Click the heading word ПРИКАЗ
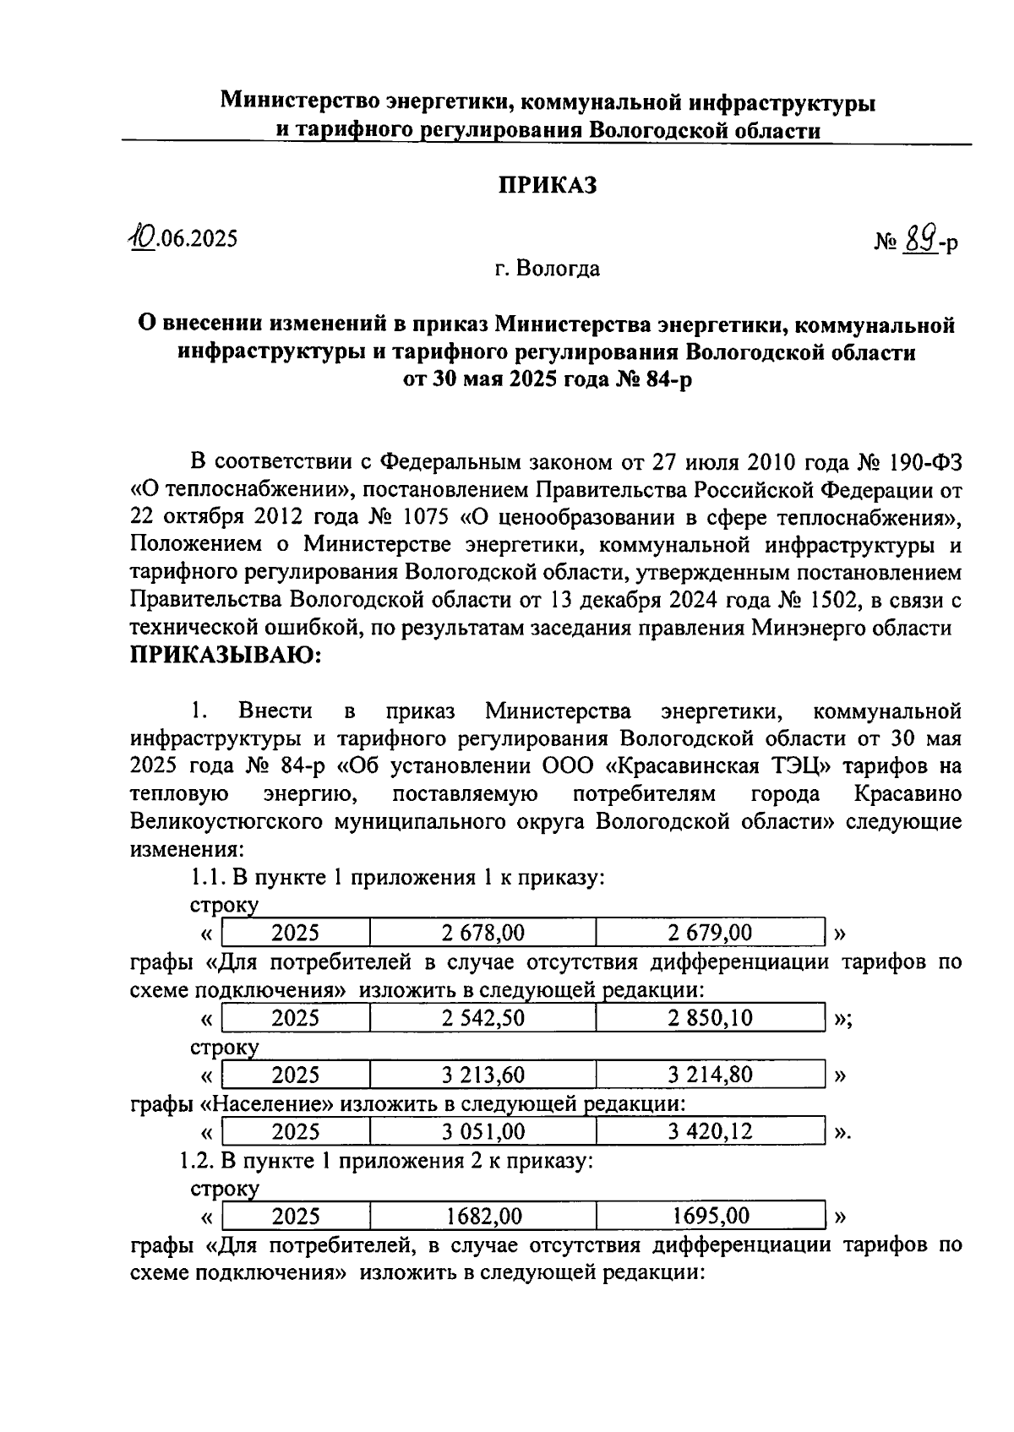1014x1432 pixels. [546, 185]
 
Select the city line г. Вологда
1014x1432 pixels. [548, 270]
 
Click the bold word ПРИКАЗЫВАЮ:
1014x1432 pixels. [226, 655]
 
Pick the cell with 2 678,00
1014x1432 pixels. [482, 933]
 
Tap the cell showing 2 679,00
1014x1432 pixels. [709, 933]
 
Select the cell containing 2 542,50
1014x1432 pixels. [482, 1018]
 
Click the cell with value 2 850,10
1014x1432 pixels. [709, 1018]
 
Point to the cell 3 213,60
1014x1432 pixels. [482, 1075]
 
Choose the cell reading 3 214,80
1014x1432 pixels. [709, 1075]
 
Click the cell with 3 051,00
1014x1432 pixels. [482, 1131]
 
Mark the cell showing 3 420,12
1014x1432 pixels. [709, 1131]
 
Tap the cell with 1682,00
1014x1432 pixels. [482, 1217]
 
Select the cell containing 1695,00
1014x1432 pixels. [709, 1217]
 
